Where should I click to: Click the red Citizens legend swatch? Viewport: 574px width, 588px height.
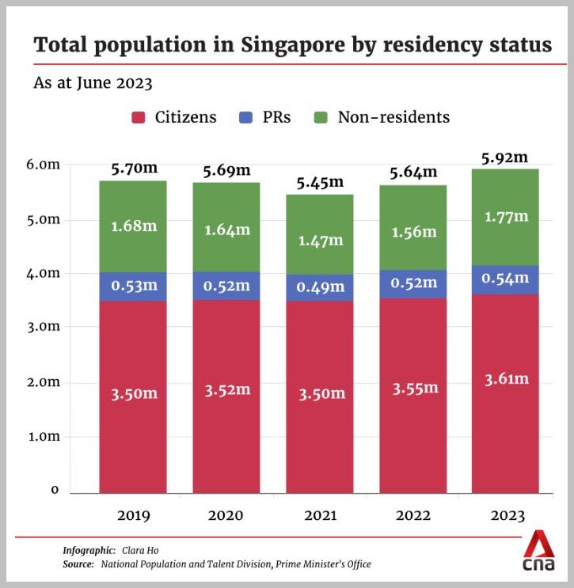[139, 118]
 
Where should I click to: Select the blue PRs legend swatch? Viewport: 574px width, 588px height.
[245, 118]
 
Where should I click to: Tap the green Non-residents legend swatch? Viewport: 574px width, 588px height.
[321, 118]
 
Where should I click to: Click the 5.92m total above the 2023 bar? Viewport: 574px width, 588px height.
[504, 157]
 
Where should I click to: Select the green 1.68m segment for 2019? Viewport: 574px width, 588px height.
[132, 226]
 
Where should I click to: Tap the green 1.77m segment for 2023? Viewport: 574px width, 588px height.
[504, 216]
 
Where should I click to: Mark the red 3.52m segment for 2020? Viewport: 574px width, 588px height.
[226, 389]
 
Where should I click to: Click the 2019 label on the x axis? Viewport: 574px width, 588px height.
[133, 516]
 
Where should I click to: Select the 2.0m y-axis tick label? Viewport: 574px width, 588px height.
[45, 382]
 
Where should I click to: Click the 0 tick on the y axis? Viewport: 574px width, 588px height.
[55, 490]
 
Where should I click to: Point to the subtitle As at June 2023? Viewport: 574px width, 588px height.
[93, 82]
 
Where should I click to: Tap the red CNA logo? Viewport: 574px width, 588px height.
[539, 551]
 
